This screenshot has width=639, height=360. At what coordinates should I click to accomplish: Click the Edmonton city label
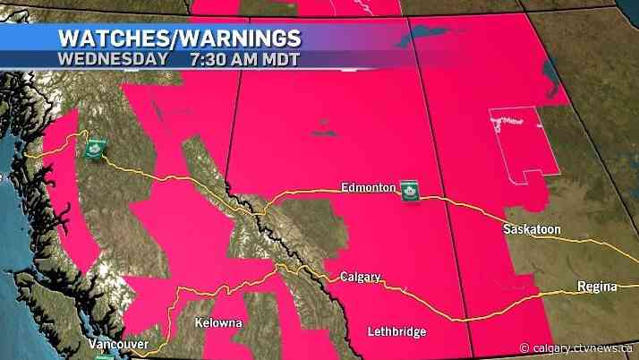[x=368, y=187]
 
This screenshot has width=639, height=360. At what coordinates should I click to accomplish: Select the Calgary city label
[x=361, y=278]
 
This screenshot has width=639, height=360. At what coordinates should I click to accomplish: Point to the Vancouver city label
[x=118, y=344]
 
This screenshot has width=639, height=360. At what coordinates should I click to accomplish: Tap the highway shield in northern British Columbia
[x=92, y=150]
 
